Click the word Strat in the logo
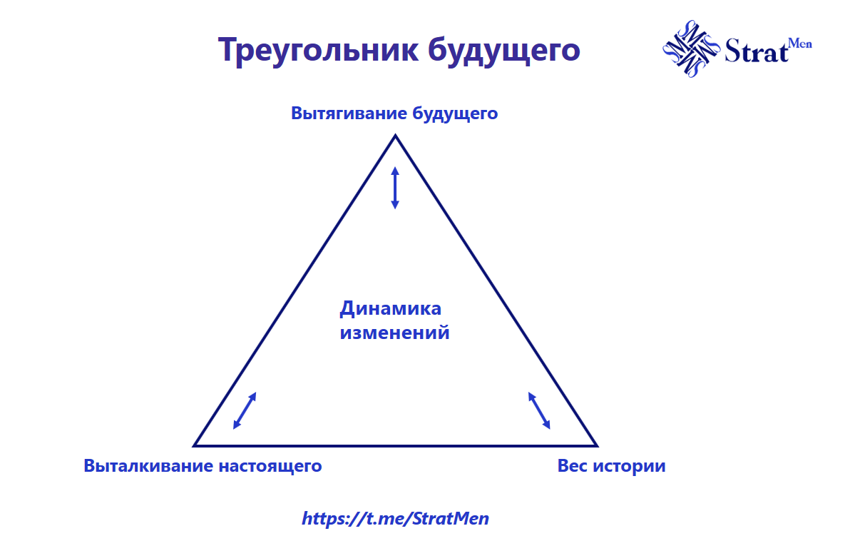tap(756, 51)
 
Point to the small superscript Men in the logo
tap(800, 44)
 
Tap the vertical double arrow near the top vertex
tap(395, 188)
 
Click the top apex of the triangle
tap(395, 136)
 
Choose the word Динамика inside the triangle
tap(390, 309)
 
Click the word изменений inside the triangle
tap(394, 333)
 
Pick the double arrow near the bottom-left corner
tap(245, 411)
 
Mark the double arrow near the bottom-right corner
tap(539, 410)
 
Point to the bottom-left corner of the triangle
tap(195, 445)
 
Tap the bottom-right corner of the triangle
tap(596, 445)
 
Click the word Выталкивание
tap(149, 466)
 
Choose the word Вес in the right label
tap(572, 466)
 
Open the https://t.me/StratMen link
tap(396, 518)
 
